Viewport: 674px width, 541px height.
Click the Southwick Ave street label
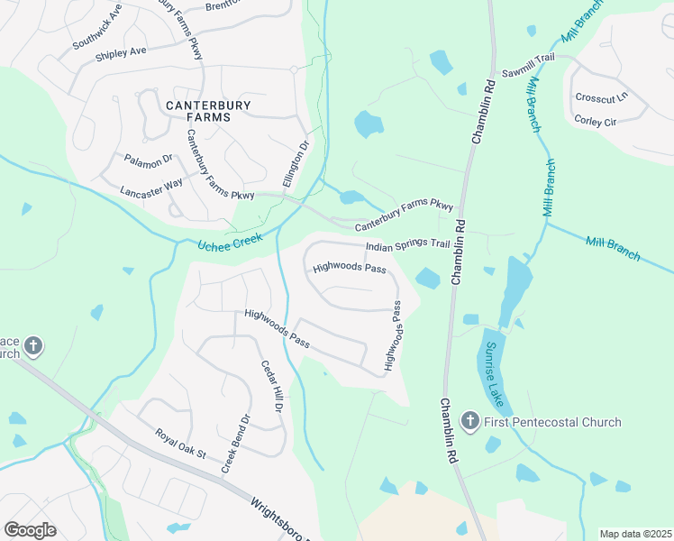(x=97, y=31)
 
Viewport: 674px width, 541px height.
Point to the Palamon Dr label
(x=148, y=160)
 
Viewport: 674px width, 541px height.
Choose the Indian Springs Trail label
(x=406, y=246)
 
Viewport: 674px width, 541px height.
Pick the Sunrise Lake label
(x=496, y=372)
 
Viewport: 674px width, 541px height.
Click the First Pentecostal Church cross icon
(x=469, y=421)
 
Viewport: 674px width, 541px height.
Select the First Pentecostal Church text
(x=552, y=422)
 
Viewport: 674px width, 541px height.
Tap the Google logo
(x=30, y=530)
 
